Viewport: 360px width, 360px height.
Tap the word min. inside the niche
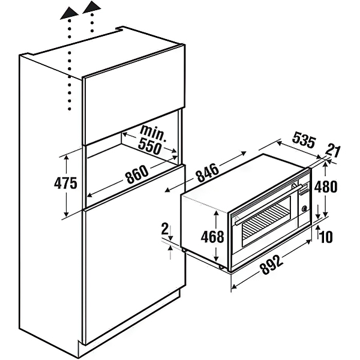coord(154,131)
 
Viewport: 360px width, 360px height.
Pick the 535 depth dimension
coord(304,141)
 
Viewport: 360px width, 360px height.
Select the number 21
coord(334,149)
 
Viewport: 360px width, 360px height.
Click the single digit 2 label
coord(164,229)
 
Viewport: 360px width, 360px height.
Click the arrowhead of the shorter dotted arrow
coord(92,8)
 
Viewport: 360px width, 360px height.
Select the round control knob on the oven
coord(305,209)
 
